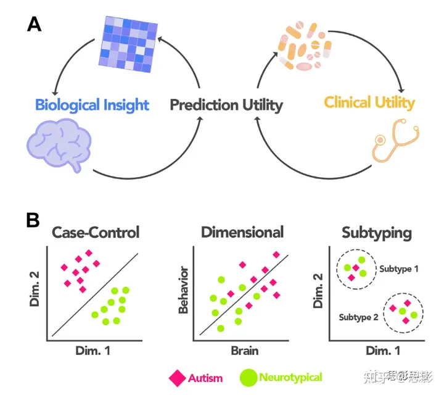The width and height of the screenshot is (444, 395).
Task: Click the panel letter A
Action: [x=34, y=25]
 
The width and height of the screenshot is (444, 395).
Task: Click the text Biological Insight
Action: [x=92, y=104]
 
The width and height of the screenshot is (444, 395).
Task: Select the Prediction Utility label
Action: [x=226, y=104]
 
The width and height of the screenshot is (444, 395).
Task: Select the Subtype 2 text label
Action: [x=358, y=317]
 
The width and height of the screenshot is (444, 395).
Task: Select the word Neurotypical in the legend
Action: [x=290, y=376]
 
